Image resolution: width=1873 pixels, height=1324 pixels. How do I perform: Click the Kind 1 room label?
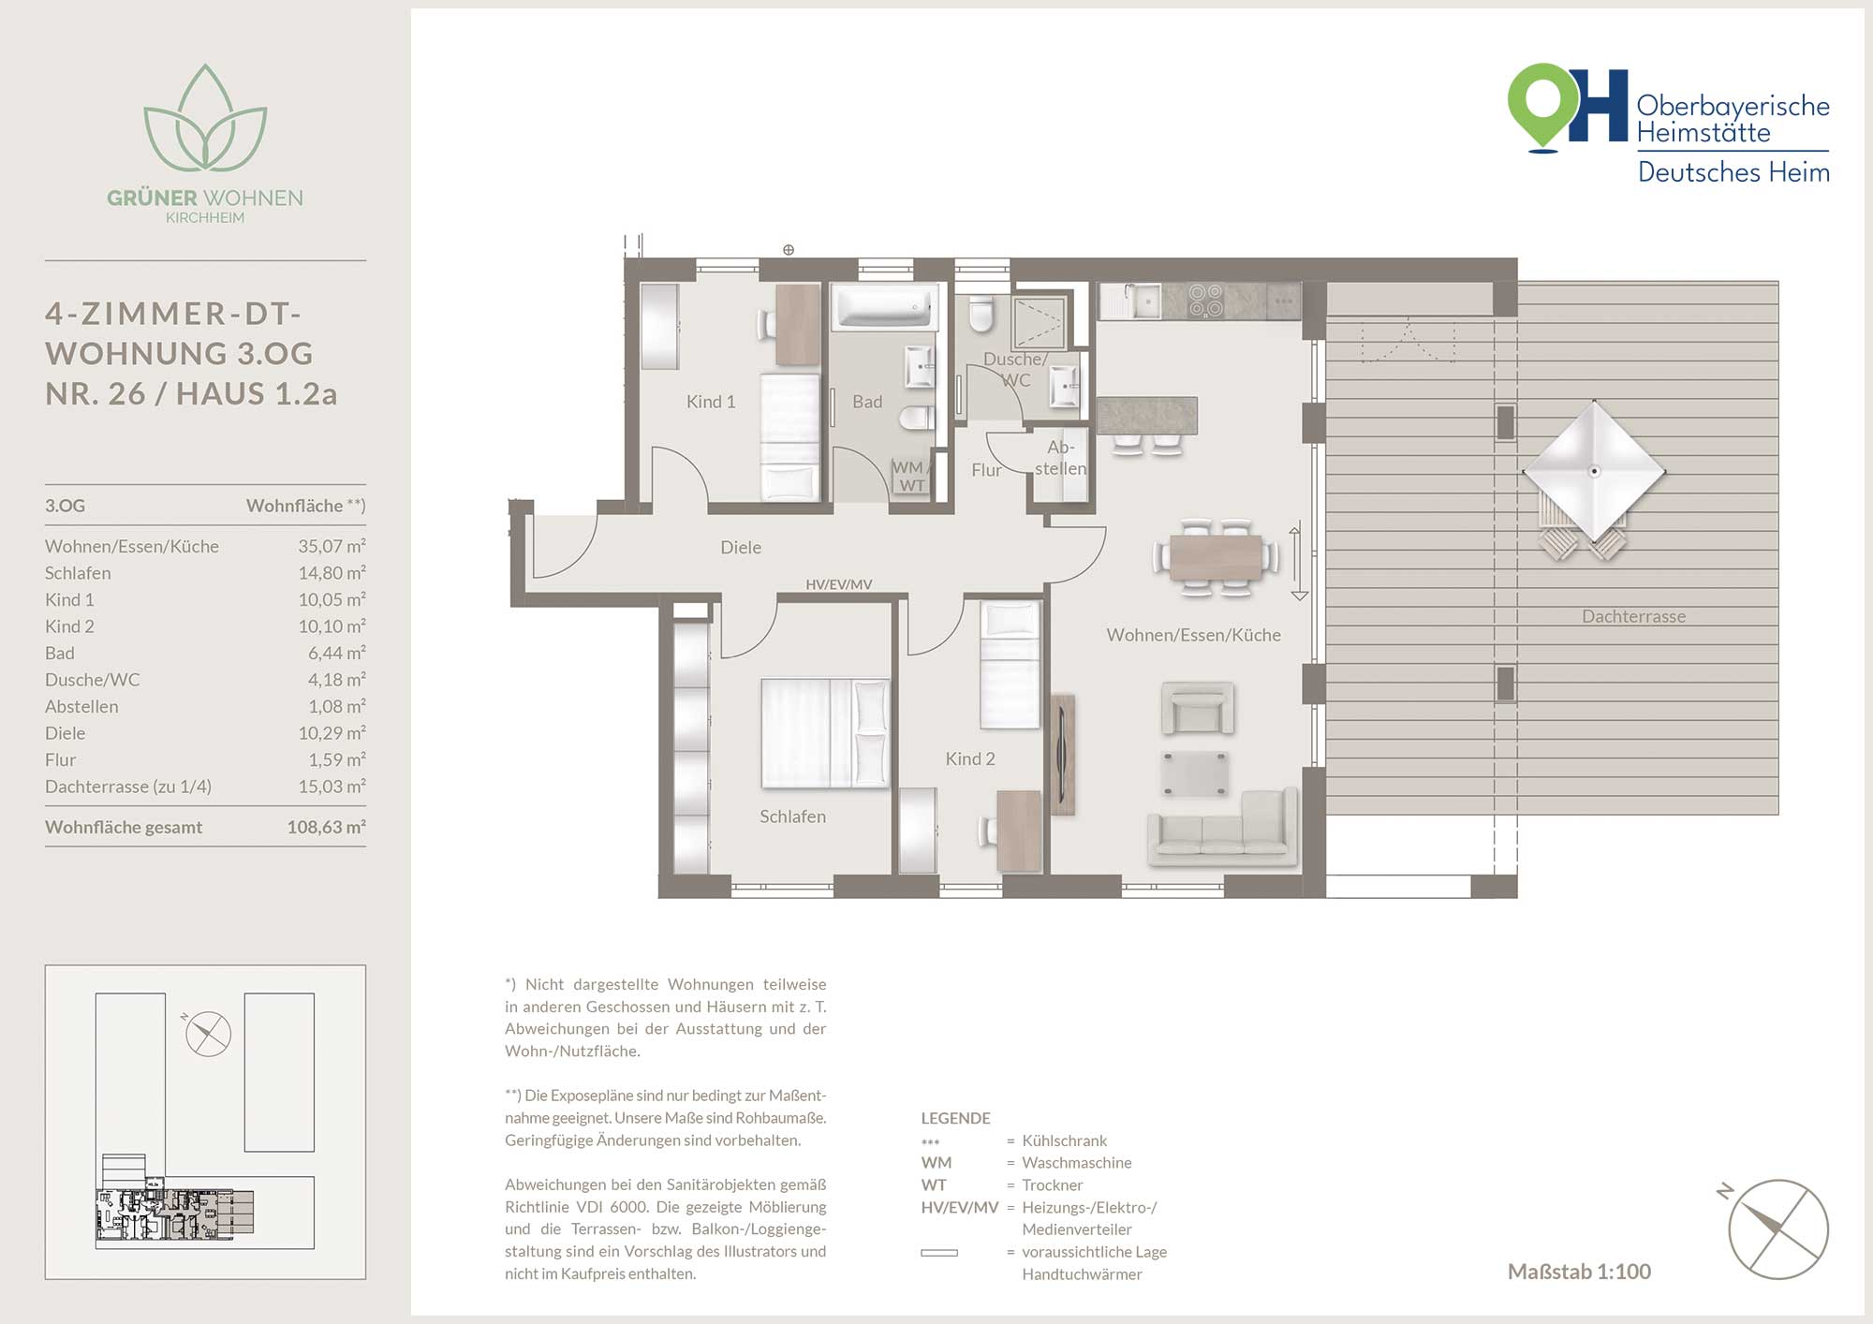click(x=711, y=402)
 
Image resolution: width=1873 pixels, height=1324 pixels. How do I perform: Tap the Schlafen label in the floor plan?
click(x=792, y=816)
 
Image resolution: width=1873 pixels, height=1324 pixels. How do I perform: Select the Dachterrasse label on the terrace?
click(x=1633, y=616)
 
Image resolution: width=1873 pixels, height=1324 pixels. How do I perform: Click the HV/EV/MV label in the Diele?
click(x=838, y=584)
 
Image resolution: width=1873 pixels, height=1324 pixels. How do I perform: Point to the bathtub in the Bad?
click(x=885, y=307)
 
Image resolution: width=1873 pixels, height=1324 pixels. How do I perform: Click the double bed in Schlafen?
click(x=825, y=733)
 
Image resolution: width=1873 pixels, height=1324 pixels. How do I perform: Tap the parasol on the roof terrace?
click(x=1594, y=471)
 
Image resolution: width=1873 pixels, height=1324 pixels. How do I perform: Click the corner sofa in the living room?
click(x=1222, y=828)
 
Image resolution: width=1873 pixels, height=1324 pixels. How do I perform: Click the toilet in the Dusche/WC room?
click(x=981, y=316)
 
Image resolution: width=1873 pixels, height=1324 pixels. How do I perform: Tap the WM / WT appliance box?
click(x=909, y=476)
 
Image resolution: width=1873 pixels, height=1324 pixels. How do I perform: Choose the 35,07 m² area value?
click(x=332, y=546)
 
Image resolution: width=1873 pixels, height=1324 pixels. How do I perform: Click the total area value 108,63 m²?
click(x=326, y=827)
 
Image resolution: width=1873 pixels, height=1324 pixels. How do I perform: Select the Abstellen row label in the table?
click(x=81, y=707)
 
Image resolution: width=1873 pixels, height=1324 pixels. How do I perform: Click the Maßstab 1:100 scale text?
click(x=1579, y=1272)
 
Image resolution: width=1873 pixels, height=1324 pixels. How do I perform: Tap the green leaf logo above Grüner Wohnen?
click(x=205, y=118)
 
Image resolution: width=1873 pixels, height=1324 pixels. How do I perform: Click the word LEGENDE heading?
click(x=955, y=1118)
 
